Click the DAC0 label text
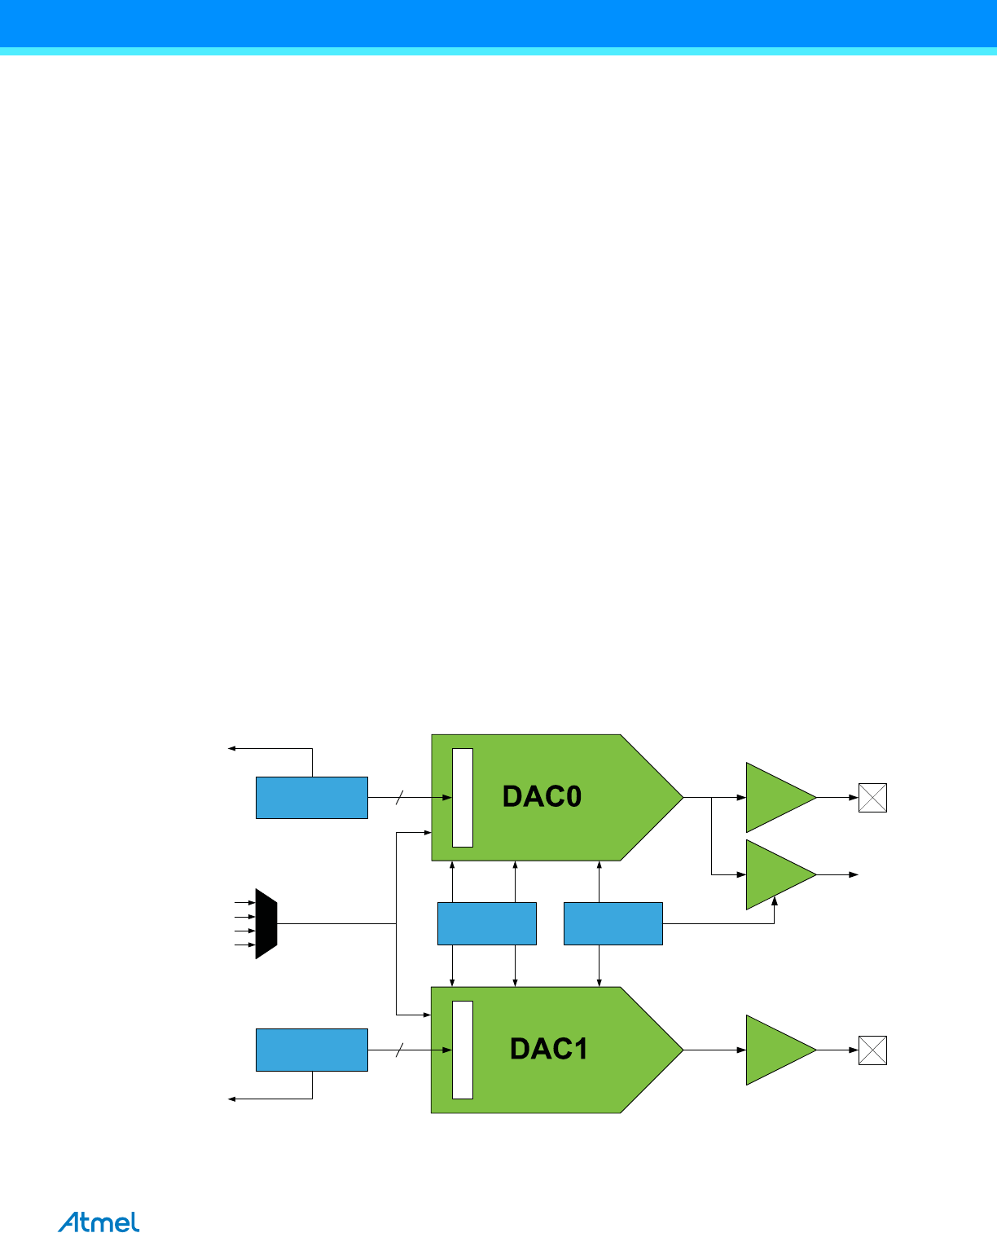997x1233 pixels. [542, 796]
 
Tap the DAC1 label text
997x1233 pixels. [548, 1049]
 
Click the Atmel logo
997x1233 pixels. [99, 1222]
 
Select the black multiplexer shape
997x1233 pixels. [266, 923]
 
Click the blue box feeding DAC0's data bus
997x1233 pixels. [312, 798]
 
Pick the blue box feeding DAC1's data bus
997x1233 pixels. [312, 1050]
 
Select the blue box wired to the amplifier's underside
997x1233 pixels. [613, 923]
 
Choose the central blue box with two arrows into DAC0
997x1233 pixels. [487, 923]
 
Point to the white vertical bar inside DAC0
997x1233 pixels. [463, 797]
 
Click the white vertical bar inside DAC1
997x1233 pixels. [463, 1050]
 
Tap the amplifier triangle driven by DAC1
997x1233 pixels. [777, 1050]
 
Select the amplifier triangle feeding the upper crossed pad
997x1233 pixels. [777, 797]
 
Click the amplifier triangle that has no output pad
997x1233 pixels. [777, 874]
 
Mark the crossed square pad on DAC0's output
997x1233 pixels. [872, 798]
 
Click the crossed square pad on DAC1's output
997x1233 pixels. [872, 1050]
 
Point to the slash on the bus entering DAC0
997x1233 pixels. [399, 798]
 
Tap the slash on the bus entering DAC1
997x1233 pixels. [399, 1050]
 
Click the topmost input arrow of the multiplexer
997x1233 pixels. [244, 903]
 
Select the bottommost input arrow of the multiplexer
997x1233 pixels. [244, 945]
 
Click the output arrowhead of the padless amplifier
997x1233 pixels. [854, 874]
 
